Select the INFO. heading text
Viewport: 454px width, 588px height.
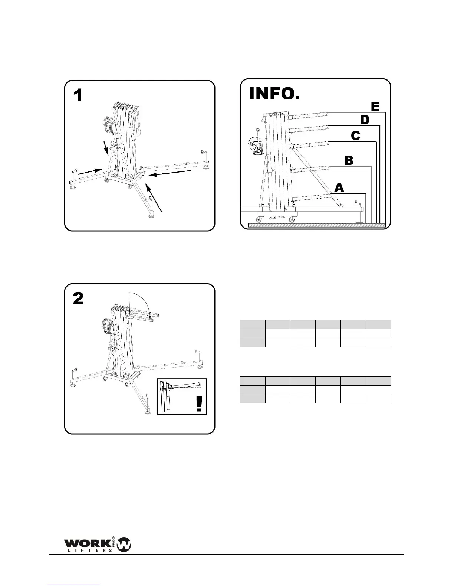point(274,94)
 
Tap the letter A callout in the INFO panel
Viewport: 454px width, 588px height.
point(339,188)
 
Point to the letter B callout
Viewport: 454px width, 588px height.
point(349,160)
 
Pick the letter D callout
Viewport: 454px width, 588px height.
point(365,120)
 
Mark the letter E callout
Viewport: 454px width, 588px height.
point(375,107)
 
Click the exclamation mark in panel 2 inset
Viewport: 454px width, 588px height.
point(200,404)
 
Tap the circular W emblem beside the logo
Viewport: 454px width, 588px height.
point(124,545)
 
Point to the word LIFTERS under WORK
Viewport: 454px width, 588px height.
point(89,550)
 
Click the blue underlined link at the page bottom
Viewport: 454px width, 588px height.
point(74,585)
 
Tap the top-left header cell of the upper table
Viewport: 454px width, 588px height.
point(253,324)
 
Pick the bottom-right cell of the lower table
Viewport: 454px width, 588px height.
point(378,399)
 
